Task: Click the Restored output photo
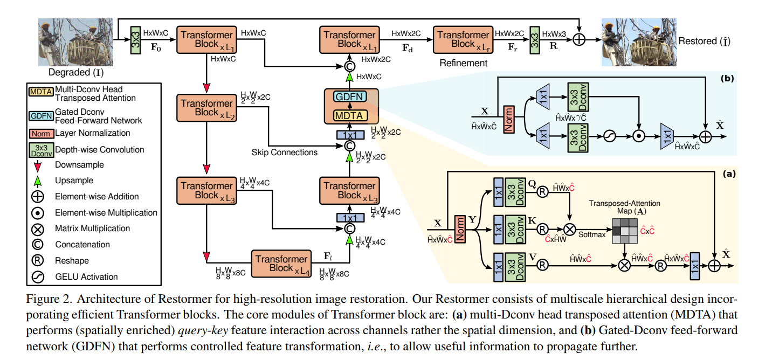click(x=637, y=43)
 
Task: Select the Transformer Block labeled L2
click(x=207, y=108)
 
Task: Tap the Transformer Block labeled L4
click(x=281, y=264)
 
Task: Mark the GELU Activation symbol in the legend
click(x=38, y=276)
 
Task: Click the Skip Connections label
click(x=285, y=153)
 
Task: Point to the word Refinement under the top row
click(x=463, y=63)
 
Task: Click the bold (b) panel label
click(x=729, y=78)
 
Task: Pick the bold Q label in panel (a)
click(x=534, y=182)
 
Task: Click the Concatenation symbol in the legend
click(x=38, y=245)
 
